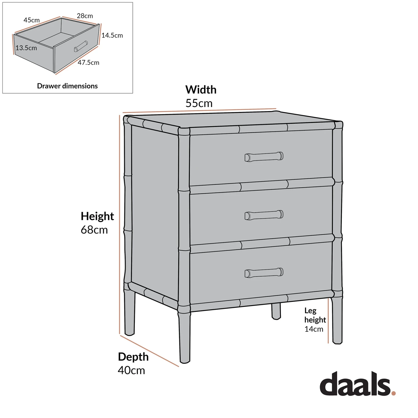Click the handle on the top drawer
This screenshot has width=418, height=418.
(264, 157)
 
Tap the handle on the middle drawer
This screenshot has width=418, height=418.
(264, 215)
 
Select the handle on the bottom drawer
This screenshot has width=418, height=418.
(264, 273)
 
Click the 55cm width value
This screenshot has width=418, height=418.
(199, 103)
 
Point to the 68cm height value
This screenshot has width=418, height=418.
(94, 230)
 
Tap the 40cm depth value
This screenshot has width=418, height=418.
(131, 370)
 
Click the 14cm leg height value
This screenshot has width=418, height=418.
(314, 329)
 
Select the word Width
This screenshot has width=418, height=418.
(201, 90)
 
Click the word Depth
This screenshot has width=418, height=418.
(133, 357)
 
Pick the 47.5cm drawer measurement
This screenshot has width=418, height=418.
(88, 63)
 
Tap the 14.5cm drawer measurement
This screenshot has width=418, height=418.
(112, 35)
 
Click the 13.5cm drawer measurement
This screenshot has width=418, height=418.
(26, 48)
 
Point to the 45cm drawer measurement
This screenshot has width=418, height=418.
(31, 20)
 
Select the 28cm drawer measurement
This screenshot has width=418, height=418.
(85, 16)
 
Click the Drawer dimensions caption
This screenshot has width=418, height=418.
(67, 86)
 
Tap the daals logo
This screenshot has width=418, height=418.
(355, 383)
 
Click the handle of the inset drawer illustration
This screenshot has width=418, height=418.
(81, 46)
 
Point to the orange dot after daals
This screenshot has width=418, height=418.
(393, 393)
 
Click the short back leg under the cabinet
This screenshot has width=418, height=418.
(276, 311)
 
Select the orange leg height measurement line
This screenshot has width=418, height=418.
(328, 320)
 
